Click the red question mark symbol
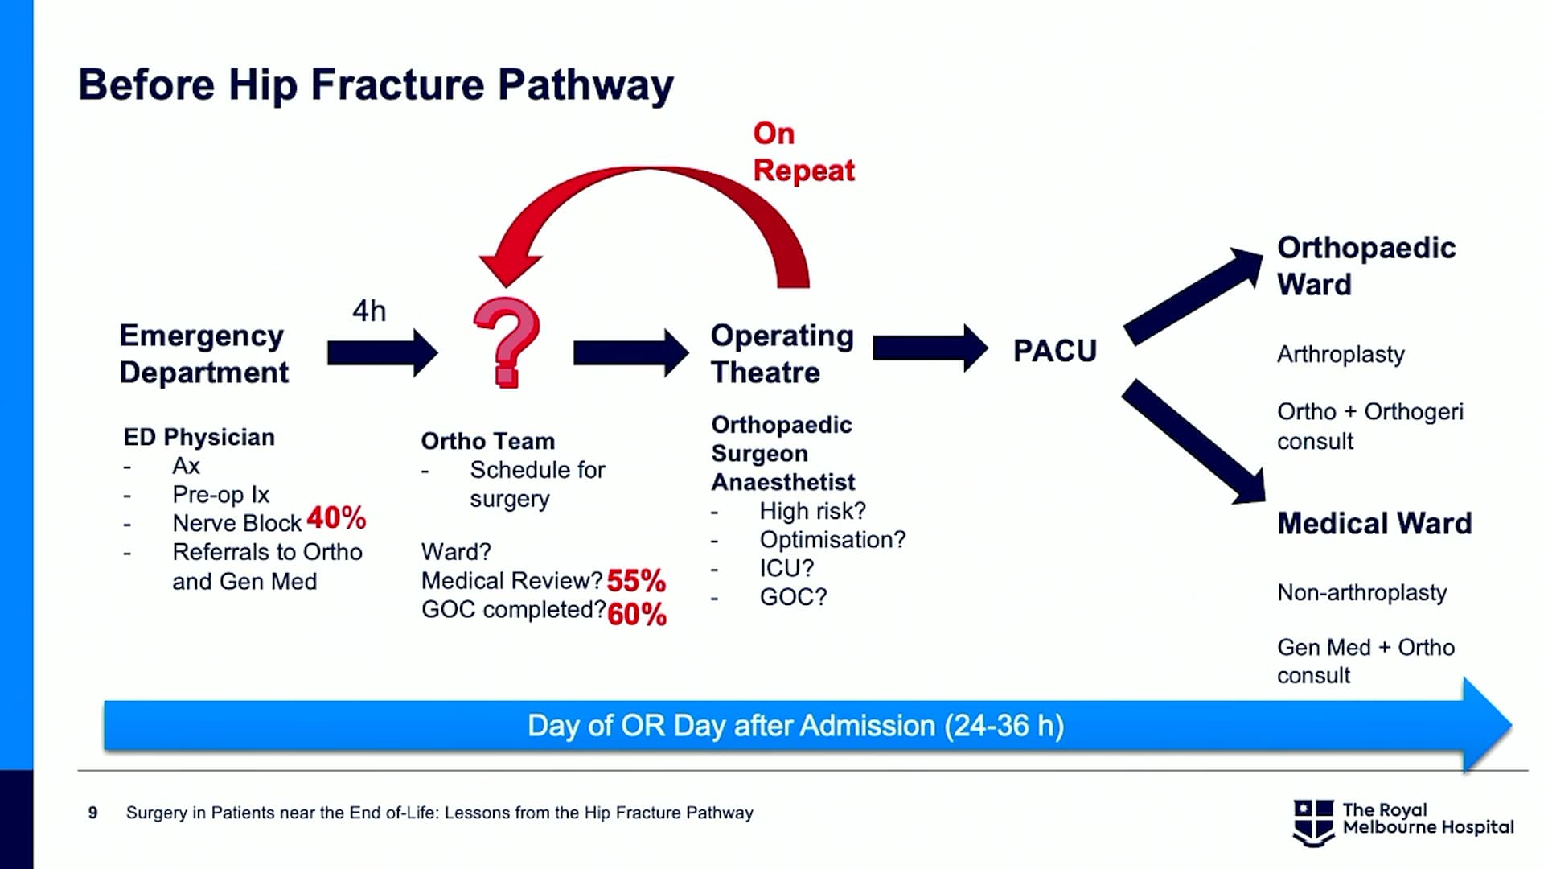coord(507,343)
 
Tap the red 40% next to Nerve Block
coord(336,518)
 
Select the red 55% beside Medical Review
coord(636,580)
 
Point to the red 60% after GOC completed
coord(637,615)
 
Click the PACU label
coord(1055,351)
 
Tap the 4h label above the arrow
coord(369,311)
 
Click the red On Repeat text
coord(803,152)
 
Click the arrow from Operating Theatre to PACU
coord(930,348)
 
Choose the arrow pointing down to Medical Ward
coord(1193,442)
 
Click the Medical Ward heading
coord(1374,524)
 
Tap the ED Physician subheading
coord(199,437)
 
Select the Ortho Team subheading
coord(488,441)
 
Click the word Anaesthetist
coord(783,482)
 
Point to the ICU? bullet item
coord(786,568)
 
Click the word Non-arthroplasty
coord(1362,593)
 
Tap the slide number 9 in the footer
coord(93,813)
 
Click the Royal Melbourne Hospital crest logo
coord(1313,822)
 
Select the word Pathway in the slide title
coord(585,85)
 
